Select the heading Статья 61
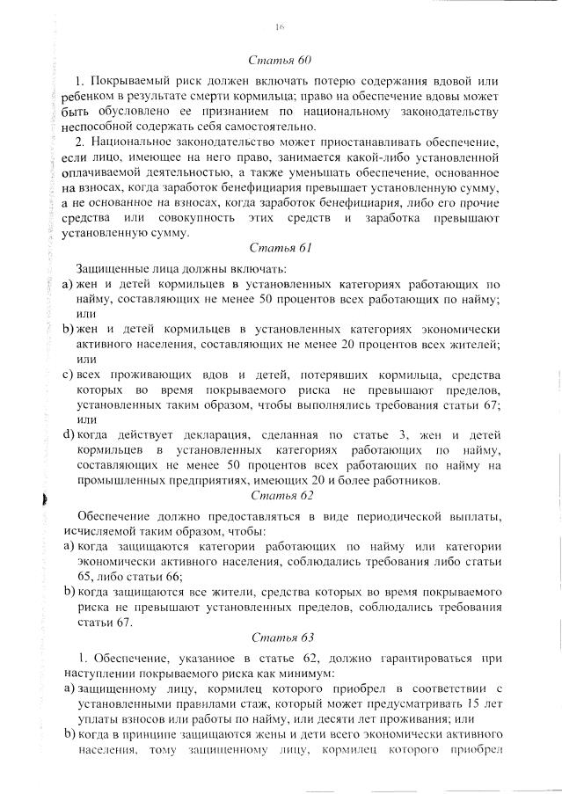pyautogui.click(x=281, y=249)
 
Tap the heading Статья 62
pyautogui.click(x=281, y=494)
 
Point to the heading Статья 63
pyautogui.click(x=281, y=637)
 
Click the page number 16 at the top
pyautogui.click(x=281, y=28)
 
